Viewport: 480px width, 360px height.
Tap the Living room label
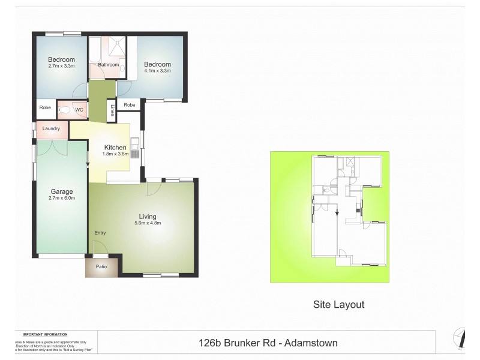coord(148,216)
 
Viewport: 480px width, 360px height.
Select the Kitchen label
coord(115,148)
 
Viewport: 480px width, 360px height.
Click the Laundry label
coord(52,128)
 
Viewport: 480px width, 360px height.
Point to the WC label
coord(79,110)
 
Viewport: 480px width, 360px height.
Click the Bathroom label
coord(109,65)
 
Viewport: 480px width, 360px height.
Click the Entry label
coord(100,233)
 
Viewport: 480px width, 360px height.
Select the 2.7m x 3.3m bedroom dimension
coord(61,66)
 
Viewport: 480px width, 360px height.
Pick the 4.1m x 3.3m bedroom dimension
coord(158,71)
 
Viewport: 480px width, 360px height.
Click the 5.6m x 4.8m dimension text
coord(148,223)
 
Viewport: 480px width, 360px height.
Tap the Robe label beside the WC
coord(46,108)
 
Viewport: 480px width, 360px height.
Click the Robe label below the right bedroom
coord(130,105)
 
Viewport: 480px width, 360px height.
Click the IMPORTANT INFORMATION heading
coord(45,334)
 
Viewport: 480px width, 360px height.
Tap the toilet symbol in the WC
coord(64,111)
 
